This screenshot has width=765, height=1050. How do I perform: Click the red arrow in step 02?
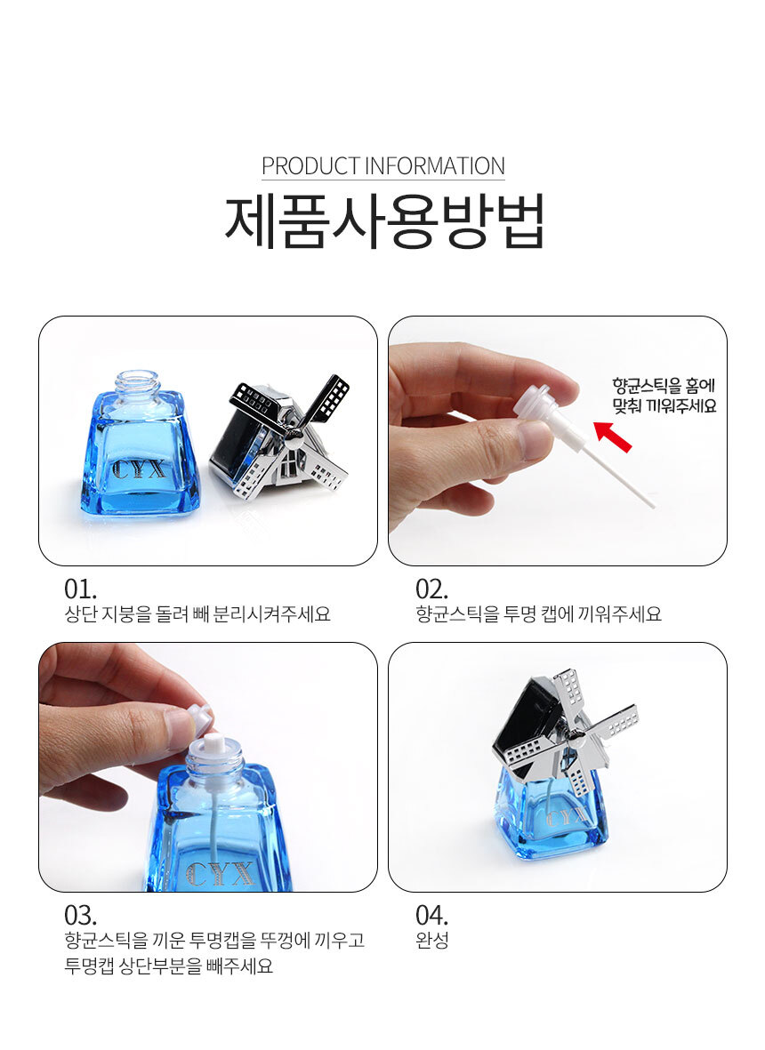(x=613, y=436)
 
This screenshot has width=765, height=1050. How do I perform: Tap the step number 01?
(x=80, y=589)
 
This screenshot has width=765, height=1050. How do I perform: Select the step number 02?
(x=431, y=589)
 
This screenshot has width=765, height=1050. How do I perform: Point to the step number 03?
(x=80, y=915)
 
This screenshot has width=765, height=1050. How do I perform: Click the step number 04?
(x=431, y=915)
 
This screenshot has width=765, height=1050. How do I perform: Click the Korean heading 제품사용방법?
(x=384, y=221)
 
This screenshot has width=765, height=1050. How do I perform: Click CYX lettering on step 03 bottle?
(x=219, y=875)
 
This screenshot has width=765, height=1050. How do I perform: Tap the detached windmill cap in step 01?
(x=279, y=439)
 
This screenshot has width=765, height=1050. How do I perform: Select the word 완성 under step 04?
(x=431, y=940)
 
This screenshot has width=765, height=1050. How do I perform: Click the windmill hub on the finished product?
(x=576, y=739)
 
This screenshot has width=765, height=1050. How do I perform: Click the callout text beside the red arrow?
(x=664, y=396)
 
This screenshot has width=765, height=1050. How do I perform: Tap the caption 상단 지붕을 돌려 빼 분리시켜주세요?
(x=197, y=614)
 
